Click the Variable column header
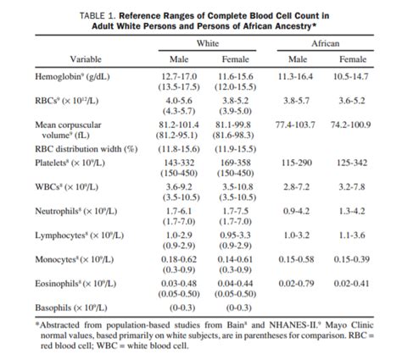[x=86, y=59]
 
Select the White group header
[x=208, y=43]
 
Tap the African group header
[x=326, y=43]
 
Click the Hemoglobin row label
[x=72, y=77]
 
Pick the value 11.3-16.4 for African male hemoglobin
[x=295, y=77]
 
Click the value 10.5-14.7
[x=351, y=77]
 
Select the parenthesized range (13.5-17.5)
[x=179, y=87]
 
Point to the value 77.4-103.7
[x=295, y=125]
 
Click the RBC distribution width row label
[x=87, y=149]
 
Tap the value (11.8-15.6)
[x=179, y=149]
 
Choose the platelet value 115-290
[x=297, y=163]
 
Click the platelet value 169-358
[x=236, y=163]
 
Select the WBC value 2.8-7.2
[x=297, y=187]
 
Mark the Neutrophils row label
[x=76, y=211]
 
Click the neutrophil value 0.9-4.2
[x=297, y=211]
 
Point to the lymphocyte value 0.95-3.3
[x=236, y=235]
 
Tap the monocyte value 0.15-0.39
[x=352, y=259]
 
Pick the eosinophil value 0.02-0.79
[x=296, y=284]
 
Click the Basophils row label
[x=71, y=307]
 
